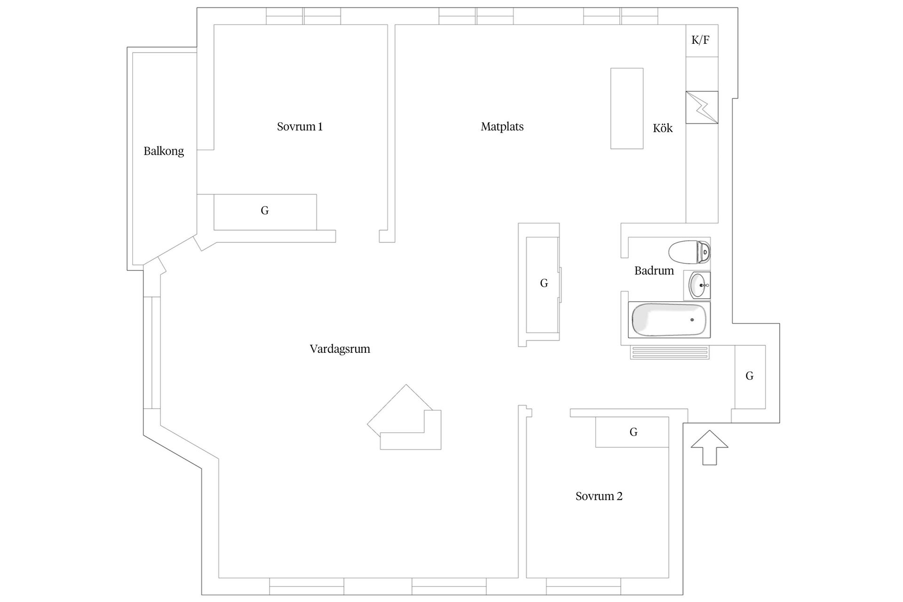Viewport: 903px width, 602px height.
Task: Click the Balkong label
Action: [x=164, y=151]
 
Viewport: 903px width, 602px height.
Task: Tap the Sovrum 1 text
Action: [x=300, y=127]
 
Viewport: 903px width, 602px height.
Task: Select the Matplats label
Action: [x=502, y=127]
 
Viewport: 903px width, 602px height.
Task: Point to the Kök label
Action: [x=662, y=128]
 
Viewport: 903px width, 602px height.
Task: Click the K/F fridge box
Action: [x=701, y=40]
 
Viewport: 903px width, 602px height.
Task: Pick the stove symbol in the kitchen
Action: [x=702, y=107]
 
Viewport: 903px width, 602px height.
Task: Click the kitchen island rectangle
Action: [x=626, y=108]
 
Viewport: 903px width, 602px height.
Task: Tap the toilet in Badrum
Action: [x=689, y=253]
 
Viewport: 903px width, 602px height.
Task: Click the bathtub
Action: [x=669, y=320]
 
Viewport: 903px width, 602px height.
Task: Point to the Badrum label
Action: [x=654, y=271]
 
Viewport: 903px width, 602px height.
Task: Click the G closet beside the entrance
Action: [x=750, y=376]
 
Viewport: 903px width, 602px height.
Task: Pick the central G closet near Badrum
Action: [x=543, y=284]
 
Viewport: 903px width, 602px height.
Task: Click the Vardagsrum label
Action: [x=340, y=349]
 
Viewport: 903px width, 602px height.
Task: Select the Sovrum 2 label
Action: [x=599, y=496]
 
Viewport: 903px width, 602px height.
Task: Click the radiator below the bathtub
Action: [x=670, y=352]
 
